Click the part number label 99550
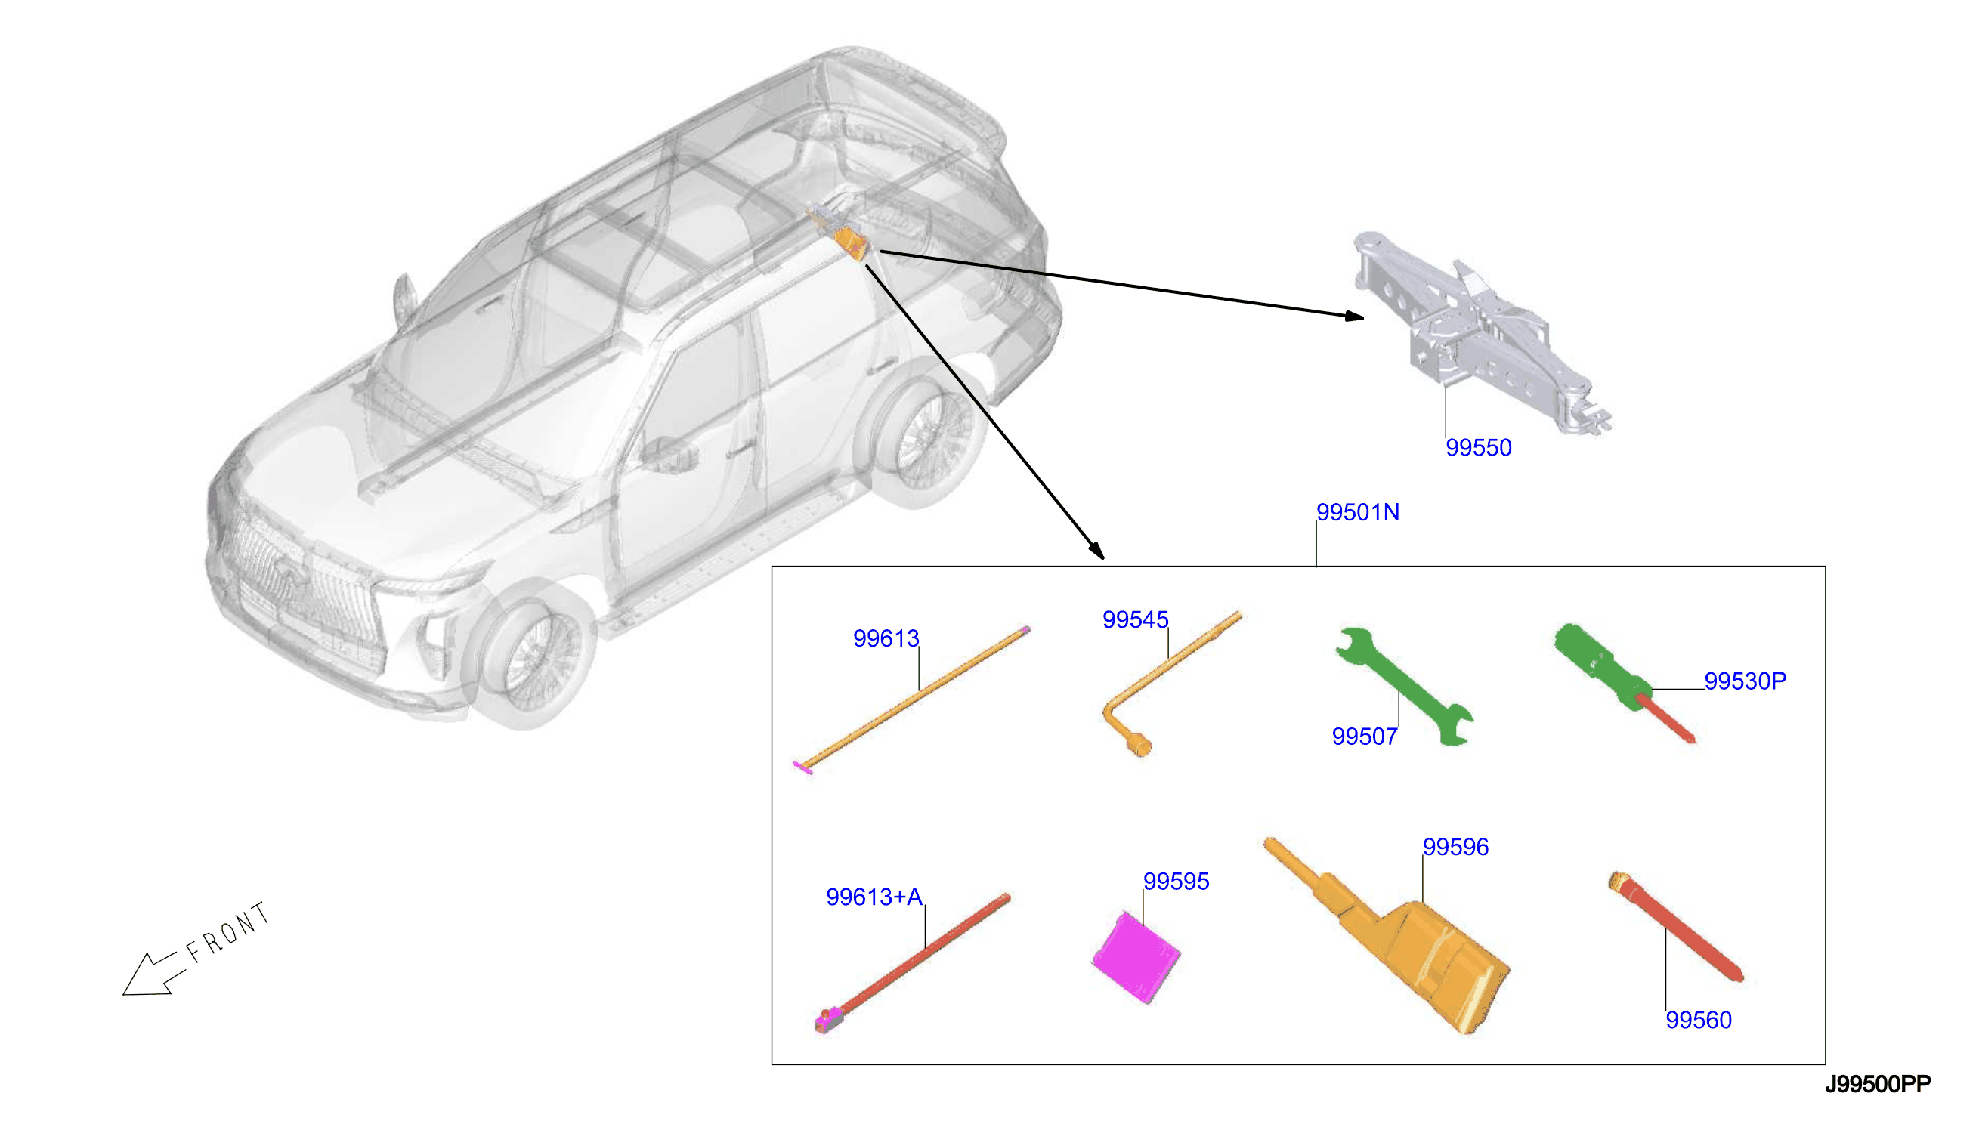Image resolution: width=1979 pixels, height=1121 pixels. pyautogui.click(x=1478, y=447)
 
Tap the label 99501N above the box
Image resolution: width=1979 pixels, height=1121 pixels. pyautogui.click(x=1357, y=512)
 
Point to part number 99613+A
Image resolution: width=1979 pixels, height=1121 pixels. pyautogui.click(x=874, y=896)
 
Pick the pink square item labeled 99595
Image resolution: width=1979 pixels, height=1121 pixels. pyautogui.click(x=1136, y=957)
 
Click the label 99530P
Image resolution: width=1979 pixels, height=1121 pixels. pyautogui.click(x=1744, y=681)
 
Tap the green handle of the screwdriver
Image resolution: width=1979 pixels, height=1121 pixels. pyautogui.click(x=1601, y=665)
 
